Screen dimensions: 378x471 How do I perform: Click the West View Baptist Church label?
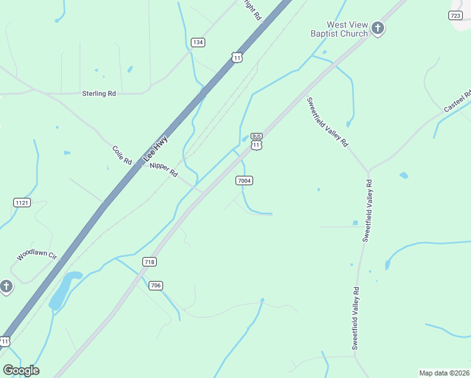pyautogui.click(x=338, y=29)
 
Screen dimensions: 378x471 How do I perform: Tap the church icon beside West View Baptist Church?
pyautogui.click(x=377, y=28)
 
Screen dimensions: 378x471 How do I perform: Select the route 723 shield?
pyautogui.click(x=456, y=15)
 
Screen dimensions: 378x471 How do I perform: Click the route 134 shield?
pyautogui.click(x=198, y=42)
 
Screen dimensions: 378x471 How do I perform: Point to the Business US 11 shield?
pyautogui.click(x=256, y=141)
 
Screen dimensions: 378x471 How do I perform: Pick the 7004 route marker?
pyautogui.click(x=244, y=181)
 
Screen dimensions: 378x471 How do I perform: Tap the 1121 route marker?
pyautogui.click(x=22, y=202)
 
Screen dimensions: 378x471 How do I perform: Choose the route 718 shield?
pyautogui.click(x=149, y=261)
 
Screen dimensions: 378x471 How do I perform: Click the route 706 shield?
pyautogui.click(x=157, y=285)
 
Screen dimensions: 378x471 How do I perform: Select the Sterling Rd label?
pyautogui.click(x=99, y=93)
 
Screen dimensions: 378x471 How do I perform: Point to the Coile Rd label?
pyautogui.click(x=122, y=156)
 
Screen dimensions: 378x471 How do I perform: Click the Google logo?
pyautogui.click(x=21, y=370)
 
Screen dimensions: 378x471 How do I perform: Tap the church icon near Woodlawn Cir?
pyautogui.click(x=6, y=287)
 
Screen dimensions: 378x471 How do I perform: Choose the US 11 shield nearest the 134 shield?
pyautogui.click(x=237, y=57)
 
